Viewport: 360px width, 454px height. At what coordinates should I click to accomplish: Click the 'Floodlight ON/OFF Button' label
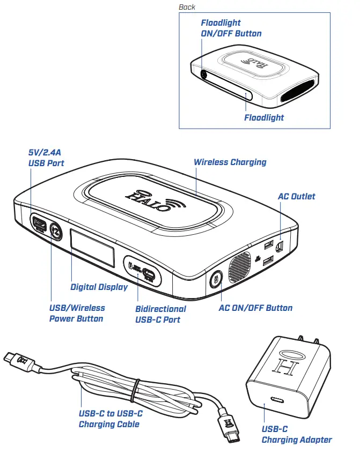coord(231,28)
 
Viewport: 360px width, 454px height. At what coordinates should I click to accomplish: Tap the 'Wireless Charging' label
coord(230,162)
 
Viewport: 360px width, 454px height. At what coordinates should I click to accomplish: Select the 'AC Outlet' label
coord(296,196)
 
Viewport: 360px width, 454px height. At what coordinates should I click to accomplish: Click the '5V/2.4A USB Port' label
coord(46,158)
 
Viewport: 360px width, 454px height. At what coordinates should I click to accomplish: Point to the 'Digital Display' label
coord(99,287)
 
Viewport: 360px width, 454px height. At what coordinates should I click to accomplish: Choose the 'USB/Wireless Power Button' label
coord(77,313)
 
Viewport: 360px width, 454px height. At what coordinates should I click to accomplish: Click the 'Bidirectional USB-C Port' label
coord(160,314)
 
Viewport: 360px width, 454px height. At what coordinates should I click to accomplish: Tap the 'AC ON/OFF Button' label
coord(255,308)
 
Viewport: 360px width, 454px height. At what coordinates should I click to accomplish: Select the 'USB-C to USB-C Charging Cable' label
coord(111,419)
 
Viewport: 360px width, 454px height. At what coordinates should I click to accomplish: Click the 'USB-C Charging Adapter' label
coord(296,434)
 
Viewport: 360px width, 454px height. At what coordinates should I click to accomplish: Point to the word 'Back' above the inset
coord(187,7)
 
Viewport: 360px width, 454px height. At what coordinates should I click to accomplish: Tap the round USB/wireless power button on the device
coord(56,231)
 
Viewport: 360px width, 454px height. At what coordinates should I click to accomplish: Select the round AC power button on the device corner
coord(216,279)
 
